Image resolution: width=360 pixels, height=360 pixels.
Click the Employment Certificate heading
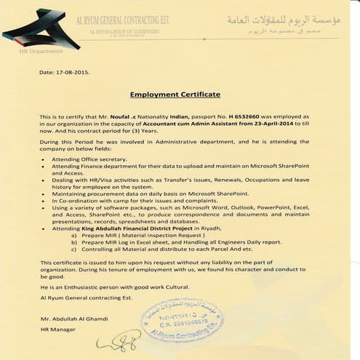pyautogui.click(x=175, y=95)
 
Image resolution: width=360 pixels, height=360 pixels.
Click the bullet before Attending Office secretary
pyautogui.click(x=44, y=158)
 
